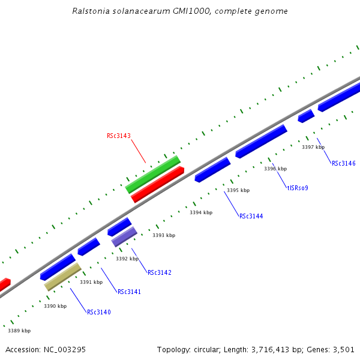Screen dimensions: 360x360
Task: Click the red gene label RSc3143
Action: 118,136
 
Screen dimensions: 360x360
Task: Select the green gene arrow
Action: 152,175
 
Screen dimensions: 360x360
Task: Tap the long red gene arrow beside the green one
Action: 157,184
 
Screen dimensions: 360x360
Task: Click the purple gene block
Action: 124,236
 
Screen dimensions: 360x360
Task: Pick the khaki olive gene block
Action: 62,277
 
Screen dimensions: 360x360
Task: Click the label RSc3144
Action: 251,216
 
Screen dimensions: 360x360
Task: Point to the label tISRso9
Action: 298,188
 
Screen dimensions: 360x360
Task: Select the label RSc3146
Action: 343,163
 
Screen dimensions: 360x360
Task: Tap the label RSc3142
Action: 159,272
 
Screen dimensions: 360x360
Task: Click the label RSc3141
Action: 129,292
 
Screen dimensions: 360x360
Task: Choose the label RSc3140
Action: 98,312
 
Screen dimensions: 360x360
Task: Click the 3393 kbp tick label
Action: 163,235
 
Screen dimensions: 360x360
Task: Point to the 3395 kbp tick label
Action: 238,190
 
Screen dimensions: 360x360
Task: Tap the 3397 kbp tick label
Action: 313,147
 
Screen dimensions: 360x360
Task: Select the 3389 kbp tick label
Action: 19,331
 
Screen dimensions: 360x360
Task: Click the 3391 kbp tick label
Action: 91,282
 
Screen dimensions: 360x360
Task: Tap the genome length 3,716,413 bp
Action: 270,349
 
